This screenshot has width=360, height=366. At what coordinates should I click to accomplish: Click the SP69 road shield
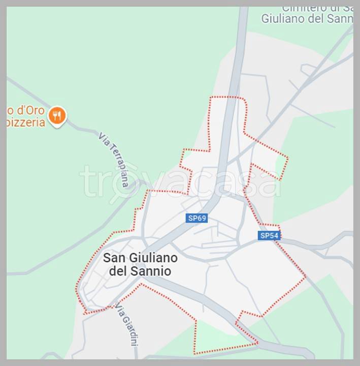click(197, 218)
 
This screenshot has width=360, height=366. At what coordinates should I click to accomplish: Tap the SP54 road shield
click(269, 235)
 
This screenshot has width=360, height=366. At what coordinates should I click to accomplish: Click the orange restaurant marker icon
click(57, 116)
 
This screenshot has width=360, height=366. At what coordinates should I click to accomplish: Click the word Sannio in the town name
click(152, 271)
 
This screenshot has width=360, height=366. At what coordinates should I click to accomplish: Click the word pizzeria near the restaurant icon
click(26, 123)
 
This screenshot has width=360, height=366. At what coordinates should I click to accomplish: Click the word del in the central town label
click(119, 271)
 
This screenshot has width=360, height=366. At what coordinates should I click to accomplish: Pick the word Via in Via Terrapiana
click(103, 139)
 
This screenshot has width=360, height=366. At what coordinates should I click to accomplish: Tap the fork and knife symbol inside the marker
click(57, 116)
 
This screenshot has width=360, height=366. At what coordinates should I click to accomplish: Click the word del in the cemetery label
click(320, 19)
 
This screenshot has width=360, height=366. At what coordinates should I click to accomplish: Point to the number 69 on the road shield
click(202, 218)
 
